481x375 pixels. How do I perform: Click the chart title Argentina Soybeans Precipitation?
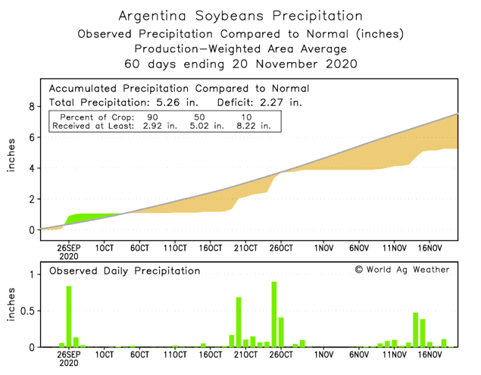(241, 15)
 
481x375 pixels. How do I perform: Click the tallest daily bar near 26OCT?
(273, 314)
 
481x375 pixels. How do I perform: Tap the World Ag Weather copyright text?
(401, 270)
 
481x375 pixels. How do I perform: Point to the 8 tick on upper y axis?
(32, 107)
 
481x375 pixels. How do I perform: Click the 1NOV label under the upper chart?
(323, 248)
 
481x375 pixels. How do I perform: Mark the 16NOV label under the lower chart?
(429, 355)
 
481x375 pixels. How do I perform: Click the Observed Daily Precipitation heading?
(125, 270)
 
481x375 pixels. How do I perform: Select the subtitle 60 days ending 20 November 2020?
(241, 63)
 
